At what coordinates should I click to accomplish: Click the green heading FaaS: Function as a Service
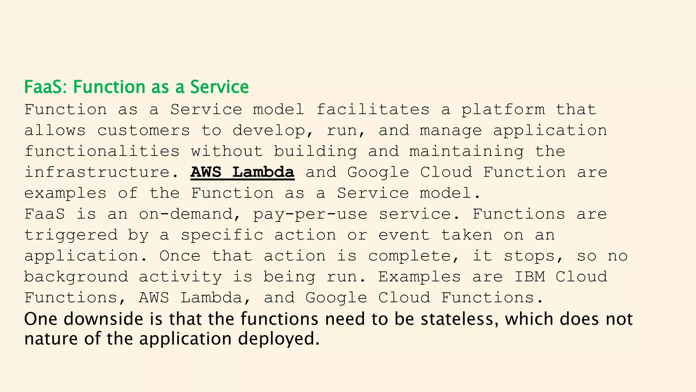pos(136,87)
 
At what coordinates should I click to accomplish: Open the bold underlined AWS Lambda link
pos(242,172)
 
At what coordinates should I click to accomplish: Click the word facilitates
pos(373,110)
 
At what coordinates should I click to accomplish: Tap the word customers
pos(143,131)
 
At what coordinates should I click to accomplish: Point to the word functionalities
pos(102,151)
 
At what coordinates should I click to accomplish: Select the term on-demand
pos(186,214)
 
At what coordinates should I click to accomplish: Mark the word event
pos(404,235)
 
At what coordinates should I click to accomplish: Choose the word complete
pos(414,256)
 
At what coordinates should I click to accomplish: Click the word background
pos(76,277)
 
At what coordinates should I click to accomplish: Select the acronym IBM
pos(529,277)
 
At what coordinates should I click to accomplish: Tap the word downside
pos(103,319)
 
